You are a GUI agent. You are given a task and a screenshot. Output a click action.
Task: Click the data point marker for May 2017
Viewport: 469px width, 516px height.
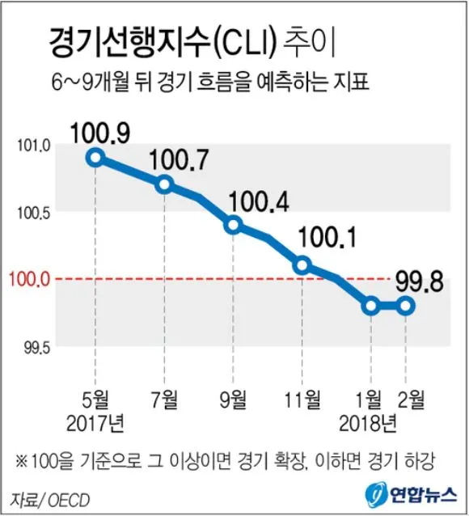coord(96,158)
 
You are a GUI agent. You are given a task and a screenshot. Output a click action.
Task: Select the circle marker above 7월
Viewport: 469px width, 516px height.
coord(165,184)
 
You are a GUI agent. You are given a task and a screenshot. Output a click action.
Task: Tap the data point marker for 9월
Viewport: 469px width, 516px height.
coord(234,225)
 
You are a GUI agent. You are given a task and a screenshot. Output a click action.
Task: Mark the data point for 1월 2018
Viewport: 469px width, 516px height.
coord(370,306)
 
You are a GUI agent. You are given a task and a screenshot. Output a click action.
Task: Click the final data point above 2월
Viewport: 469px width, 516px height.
coord(406,306)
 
